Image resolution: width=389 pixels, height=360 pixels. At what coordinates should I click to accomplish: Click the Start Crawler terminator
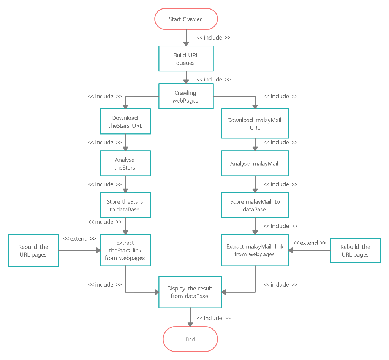point(186,19)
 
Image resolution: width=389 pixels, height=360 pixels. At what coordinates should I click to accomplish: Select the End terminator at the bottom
point(190,339)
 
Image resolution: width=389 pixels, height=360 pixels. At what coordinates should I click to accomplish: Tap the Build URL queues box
point(186,59)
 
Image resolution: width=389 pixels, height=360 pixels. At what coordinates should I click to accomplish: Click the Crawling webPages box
point(186,97)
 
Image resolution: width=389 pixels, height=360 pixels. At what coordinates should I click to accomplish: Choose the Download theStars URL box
point(125,122)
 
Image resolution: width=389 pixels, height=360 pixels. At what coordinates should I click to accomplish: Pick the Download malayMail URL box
point(255,124)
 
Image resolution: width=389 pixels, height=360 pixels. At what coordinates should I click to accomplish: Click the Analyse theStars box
point(125,163)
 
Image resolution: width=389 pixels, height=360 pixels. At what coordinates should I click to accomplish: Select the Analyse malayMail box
point(255,163)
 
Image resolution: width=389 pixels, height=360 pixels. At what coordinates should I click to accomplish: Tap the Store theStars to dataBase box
point(125,205)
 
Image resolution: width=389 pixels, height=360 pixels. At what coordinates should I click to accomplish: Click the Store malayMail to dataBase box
point(255,205)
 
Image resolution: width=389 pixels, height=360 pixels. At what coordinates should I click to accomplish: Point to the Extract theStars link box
point(125,250)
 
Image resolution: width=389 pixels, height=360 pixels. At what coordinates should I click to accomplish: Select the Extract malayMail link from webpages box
point(255,250)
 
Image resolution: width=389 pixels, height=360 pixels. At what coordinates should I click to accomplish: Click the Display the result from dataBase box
point(190,292)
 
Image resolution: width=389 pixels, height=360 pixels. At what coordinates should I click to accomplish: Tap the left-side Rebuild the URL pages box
point(33,251)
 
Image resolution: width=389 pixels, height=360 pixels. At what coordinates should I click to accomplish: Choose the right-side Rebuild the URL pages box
point(355,251)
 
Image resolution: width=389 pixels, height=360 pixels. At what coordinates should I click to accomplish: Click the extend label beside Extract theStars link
point(79,239)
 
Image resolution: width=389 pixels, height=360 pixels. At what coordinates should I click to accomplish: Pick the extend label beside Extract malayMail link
point(309,243)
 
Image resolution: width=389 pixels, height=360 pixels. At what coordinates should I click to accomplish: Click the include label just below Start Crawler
point(213,38)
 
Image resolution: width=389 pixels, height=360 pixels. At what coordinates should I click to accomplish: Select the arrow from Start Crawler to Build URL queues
point(186,38)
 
